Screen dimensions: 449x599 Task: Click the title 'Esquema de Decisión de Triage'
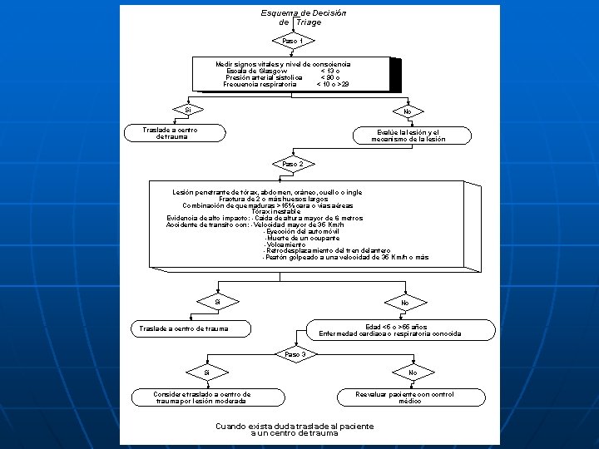pyautogui.click(x=303, y=17)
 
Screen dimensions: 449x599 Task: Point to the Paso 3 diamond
pyautogui.click(x=296, y=354)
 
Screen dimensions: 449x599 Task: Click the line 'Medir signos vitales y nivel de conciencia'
pyautogui.click(x=283, y=64)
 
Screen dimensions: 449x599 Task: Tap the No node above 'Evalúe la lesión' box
pyautogui.click(x=407, y=111)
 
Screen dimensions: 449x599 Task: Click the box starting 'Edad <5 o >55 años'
pyautogui.click(x=390, y=330)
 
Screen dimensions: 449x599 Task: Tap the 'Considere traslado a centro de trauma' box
pyautogui.click(x=191, y=397)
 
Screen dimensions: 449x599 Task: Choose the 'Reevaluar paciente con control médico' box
pyautogui.click(x=404, y=397)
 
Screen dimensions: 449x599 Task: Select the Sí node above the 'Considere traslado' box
pyautogui.click(x=206, y=373)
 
